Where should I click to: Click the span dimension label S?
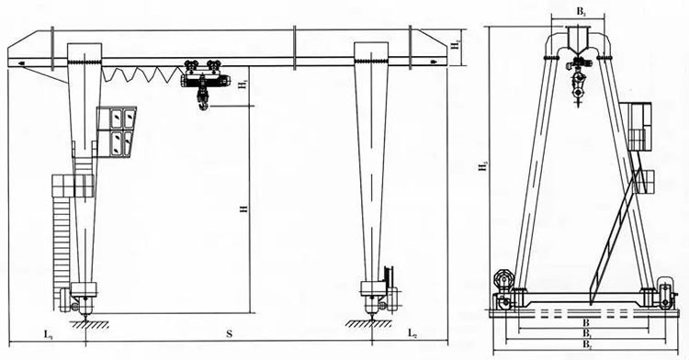pos(229,331)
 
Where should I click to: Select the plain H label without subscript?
pos(243,209)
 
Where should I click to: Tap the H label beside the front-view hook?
pos(243,85)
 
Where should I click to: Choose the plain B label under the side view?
pos(585,324)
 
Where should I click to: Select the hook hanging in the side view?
pos(578,92)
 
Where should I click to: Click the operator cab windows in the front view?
pos(120,129)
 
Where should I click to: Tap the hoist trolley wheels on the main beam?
pos(201,65)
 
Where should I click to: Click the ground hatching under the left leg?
pos(87,322)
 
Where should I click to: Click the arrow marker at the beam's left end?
pos(20,63)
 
